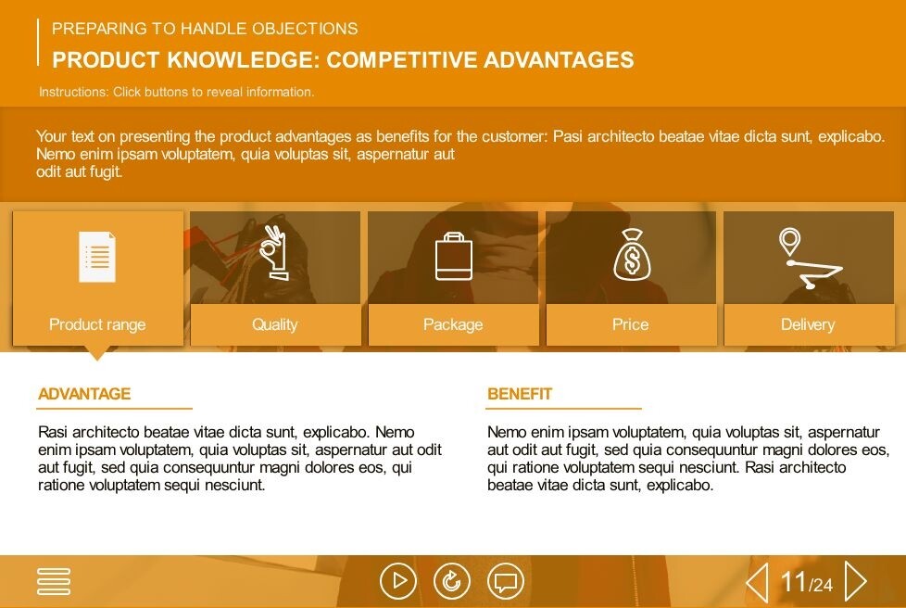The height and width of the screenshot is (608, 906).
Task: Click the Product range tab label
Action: [x=97, y=324]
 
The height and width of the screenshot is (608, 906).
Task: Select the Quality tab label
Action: [x=275, y=324]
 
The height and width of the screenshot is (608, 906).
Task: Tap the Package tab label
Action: [x=453, y=324]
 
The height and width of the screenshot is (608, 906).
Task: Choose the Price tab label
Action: [x=630, y=324]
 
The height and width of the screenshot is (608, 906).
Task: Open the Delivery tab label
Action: [x=808, y=324]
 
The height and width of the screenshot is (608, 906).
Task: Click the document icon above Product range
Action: [x=97, y=257]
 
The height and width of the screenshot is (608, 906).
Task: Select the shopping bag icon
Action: [x=454, y=257]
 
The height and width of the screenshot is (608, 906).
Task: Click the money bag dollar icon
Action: [x=632, y=255]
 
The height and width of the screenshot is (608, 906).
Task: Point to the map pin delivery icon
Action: [x=810, y=259]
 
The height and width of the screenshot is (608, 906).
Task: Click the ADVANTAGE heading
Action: [x=84, y=394]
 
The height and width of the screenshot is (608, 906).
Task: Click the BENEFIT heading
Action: [x=520, y=394]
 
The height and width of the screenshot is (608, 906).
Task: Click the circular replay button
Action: [x=452, y=581]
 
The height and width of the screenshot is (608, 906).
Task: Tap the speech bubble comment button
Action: [x=506, y=581]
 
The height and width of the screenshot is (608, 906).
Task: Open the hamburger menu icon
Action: [x=54, y=581]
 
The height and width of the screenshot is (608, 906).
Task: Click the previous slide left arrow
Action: [x=757, y=581]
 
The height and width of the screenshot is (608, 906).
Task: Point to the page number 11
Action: [x=793, y=581]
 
